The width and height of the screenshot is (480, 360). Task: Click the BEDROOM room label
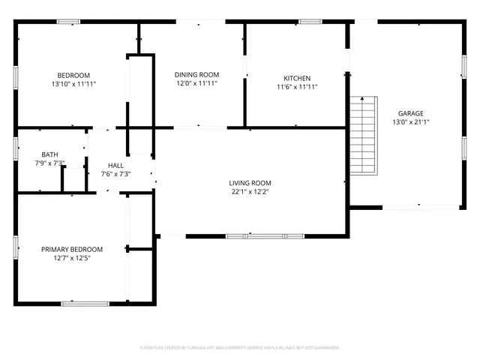click(x=73, y=75)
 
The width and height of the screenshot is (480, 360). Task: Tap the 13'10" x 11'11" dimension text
click(x=73, y=84)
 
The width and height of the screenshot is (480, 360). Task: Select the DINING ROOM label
click(x=196, y=74)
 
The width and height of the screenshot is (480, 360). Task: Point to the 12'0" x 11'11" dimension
click(x=196, y=83)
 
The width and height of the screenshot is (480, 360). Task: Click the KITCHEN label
click(x=297, y=78)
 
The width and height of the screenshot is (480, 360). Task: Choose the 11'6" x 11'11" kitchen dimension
click(x=297, y=87)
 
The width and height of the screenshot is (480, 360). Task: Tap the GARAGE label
click(x=410, y=113)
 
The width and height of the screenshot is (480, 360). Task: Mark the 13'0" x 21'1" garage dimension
click(x=410, y=122)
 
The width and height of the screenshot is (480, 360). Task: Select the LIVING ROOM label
click(x=250, y=183)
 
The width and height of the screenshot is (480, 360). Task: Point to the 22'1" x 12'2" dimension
click(x=250, y=192)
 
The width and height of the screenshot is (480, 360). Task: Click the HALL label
click(x=115, y=166)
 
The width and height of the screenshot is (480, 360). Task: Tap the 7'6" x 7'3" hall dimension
click(x=115, y=175)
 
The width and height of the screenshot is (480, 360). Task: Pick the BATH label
click(x=49, y=154)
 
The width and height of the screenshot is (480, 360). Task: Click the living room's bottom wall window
click(x=265, y=236)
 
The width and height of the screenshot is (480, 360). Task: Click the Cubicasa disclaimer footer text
click(x=240, y=348)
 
